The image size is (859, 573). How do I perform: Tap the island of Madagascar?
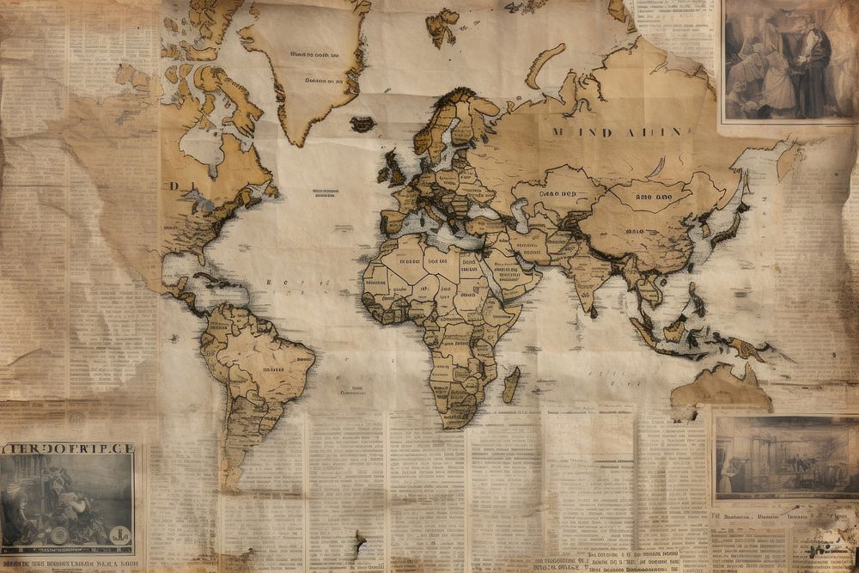(x=511, y=384)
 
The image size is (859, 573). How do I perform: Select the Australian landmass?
(x=720, y=387)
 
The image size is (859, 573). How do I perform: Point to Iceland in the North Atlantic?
(x=362, y=124)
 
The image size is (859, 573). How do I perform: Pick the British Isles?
(x=392, y=168)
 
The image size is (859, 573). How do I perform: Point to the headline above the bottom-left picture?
(x=67, y=448)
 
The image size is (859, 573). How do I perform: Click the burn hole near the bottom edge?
(x=358, y=542)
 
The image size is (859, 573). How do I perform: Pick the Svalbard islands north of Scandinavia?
(x=442, y=26)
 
